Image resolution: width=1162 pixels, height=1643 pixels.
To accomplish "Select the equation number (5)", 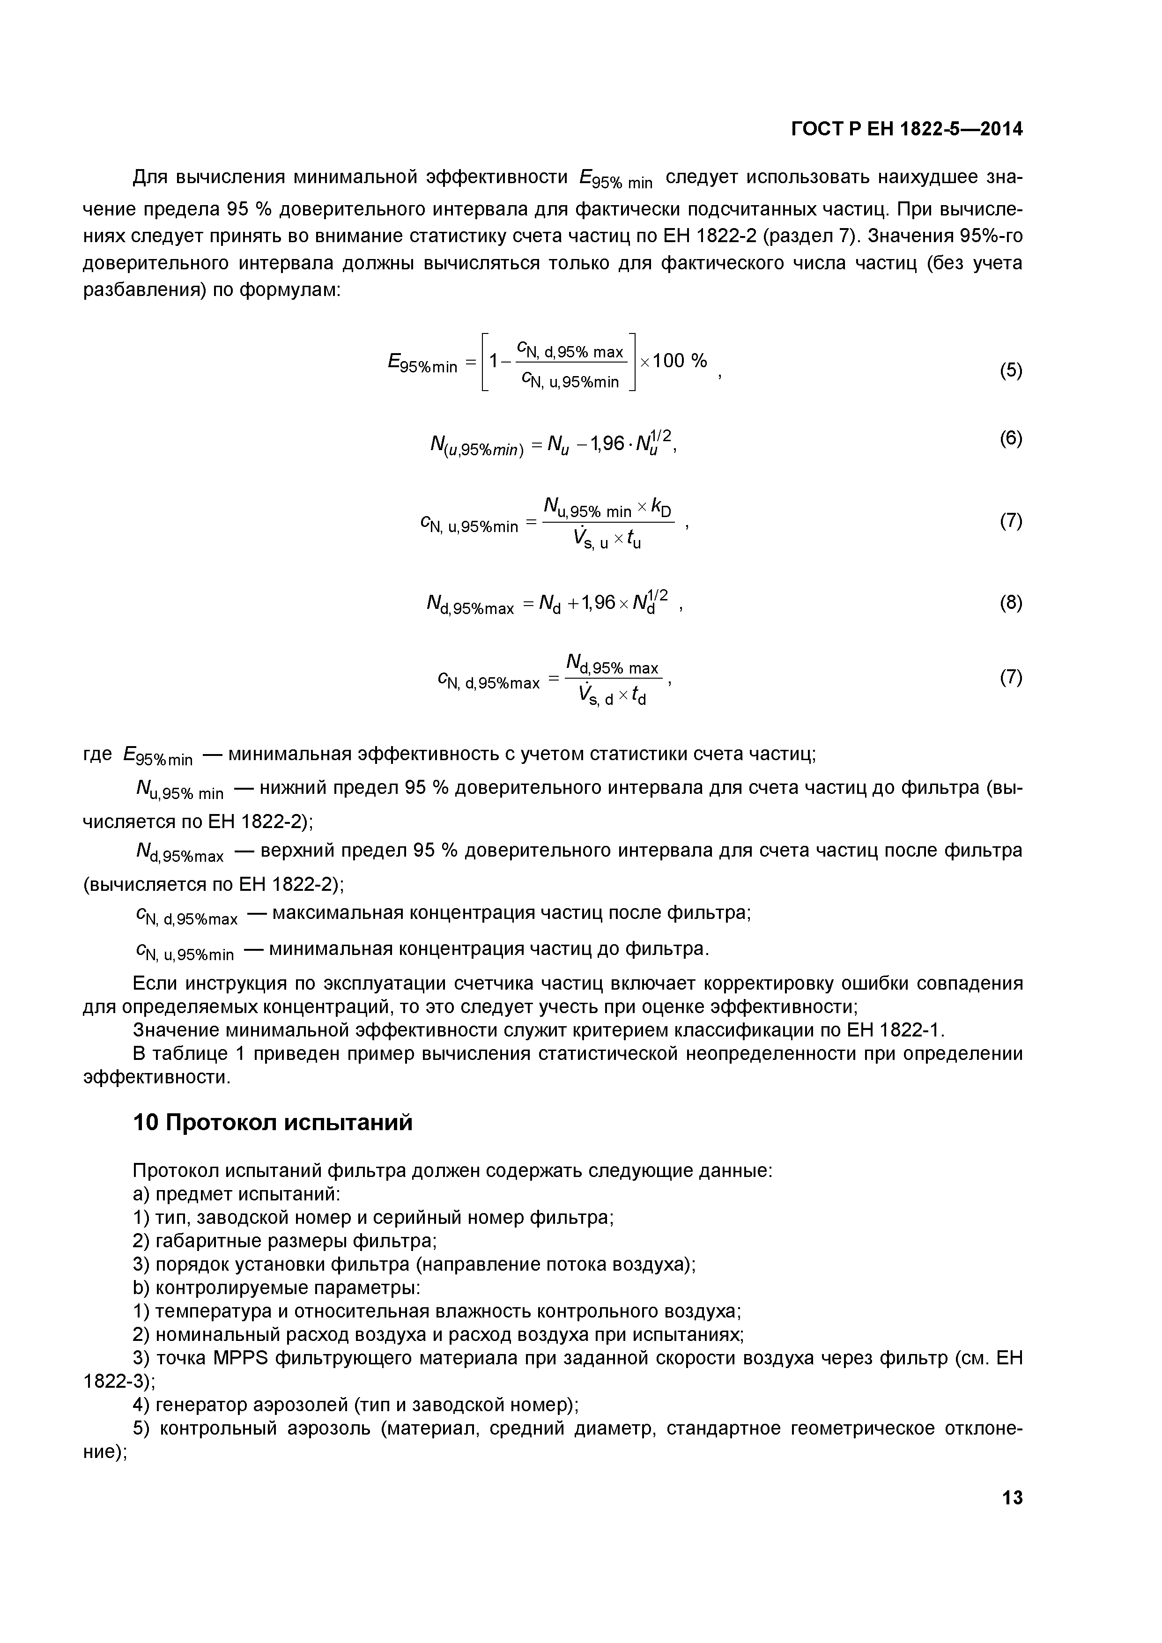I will tap(1010, 370).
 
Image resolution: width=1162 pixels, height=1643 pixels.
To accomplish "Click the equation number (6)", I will tap(1010, 437).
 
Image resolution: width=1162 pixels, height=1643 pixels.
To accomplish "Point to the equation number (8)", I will tap(1010, 602).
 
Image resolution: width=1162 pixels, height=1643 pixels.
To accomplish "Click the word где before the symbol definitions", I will tap(98, 754).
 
